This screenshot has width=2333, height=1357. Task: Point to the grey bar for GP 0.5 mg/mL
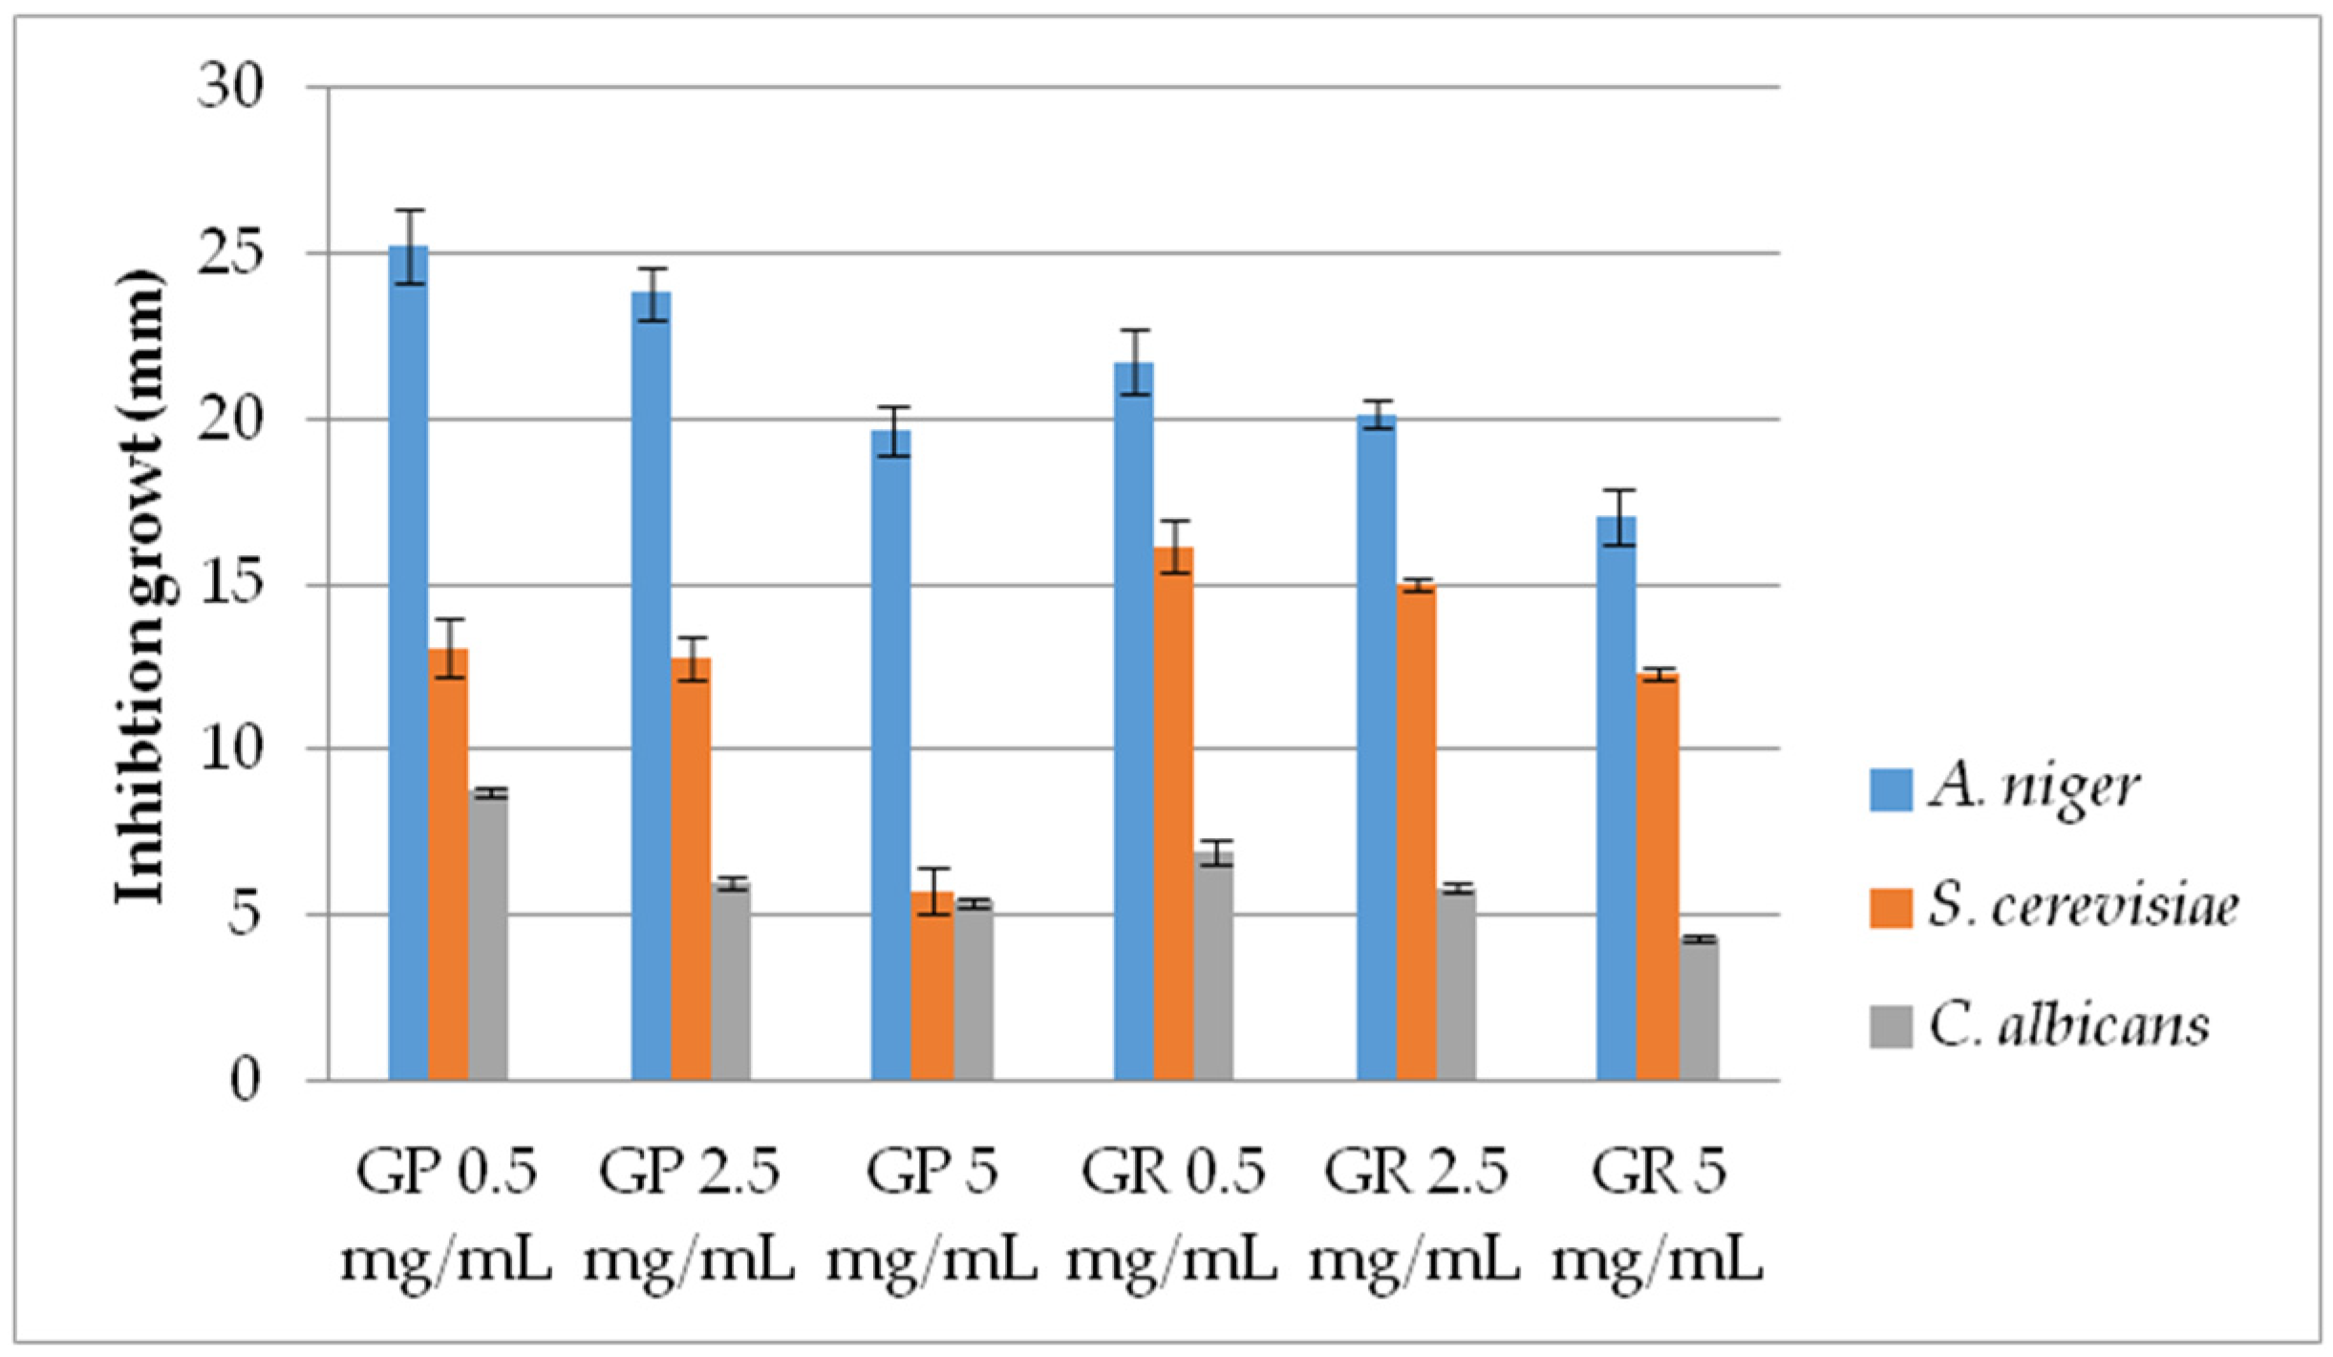tap(487, 936)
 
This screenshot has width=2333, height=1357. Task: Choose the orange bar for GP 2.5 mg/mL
tap(691, 869)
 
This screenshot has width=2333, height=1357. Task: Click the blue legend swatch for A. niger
tap(1890, 789)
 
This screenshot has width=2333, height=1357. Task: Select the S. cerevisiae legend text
tap(2083, 907)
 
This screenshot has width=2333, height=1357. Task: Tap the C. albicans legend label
tap(2068, 1025)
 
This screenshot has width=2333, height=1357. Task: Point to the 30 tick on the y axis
tap(229, 88)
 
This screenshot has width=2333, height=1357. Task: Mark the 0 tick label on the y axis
tap(244, 1081)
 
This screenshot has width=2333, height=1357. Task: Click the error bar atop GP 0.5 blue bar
tap(410, 247)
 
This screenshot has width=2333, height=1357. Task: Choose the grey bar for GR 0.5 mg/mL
tap(1213, 965)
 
